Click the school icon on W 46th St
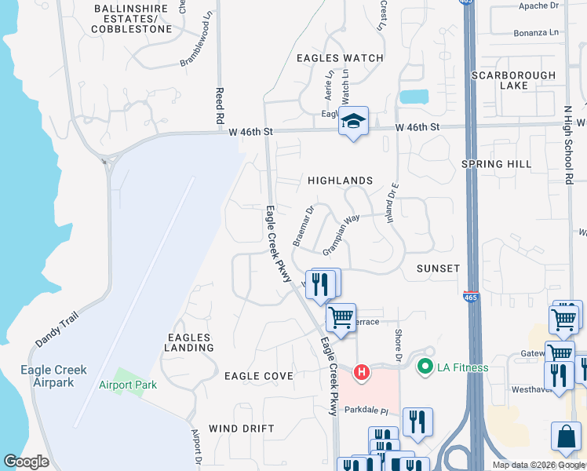(x=353, y=122)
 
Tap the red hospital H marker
(x=362, y=371)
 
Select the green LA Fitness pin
(x=425, y=367)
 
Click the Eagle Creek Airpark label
(x=54, y=376)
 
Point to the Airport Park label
(x=128, y=385)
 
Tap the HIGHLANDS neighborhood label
(x=339, y=181)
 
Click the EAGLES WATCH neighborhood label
(x=340, y=58)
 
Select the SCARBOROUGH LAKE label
(x=513, y=80)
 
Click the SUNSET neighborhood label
(x=438, y=268)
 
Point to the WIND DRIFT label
(x=242, y=429)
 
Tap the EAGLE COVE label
(x=259, y=376)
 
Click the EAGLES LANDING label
(x=189, y=342)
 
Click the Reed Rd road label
(x=220, y=106)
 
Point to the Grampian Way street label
(x=341, y=235)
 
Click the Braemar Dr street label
(x=303, y=227)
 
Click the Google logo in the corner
(x=26, y=462)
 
